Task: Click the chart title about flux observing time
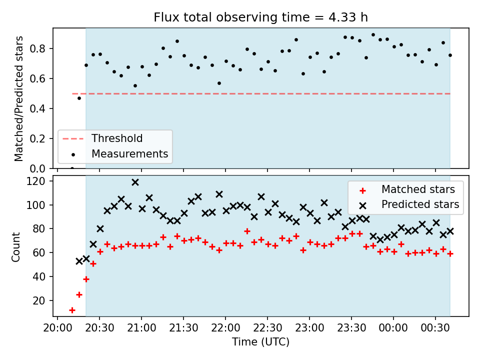coord(260,17)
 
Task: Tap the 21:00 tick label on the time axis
coord(141,328)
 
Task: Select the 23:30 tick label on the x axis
coord(351,328)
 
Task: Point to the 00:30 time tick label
coord(435,328)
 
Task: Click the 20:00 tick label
coord(57,328)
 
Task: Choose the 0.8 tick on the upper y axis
coord(37,48)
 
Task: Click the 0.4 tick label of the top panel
coord(37,108)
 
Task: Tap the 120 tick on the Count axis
coord(36,181)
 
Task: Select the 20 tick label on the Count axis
coord(39,300)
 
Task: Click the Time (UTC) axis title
coord(260,341)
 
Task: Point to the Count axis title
coord(15,247)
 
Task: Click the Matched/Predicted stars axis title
coord(18,98)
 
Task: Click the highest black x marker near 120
coord(135,182)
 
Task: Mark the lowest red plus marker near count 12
coord(72,310)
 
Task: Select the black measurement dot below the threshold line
coord(79,98)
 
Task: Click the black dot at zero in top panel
coord(72,168)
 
